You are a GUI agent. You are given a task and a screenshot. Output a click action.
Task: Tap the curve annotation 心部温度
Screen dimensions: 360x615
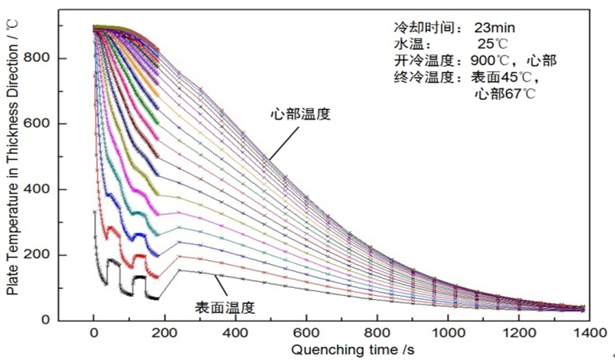click(300, 114)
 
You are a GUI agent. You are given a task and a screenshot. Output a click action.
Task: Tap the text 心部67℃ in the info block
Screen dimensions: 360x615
click(505, 94)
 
